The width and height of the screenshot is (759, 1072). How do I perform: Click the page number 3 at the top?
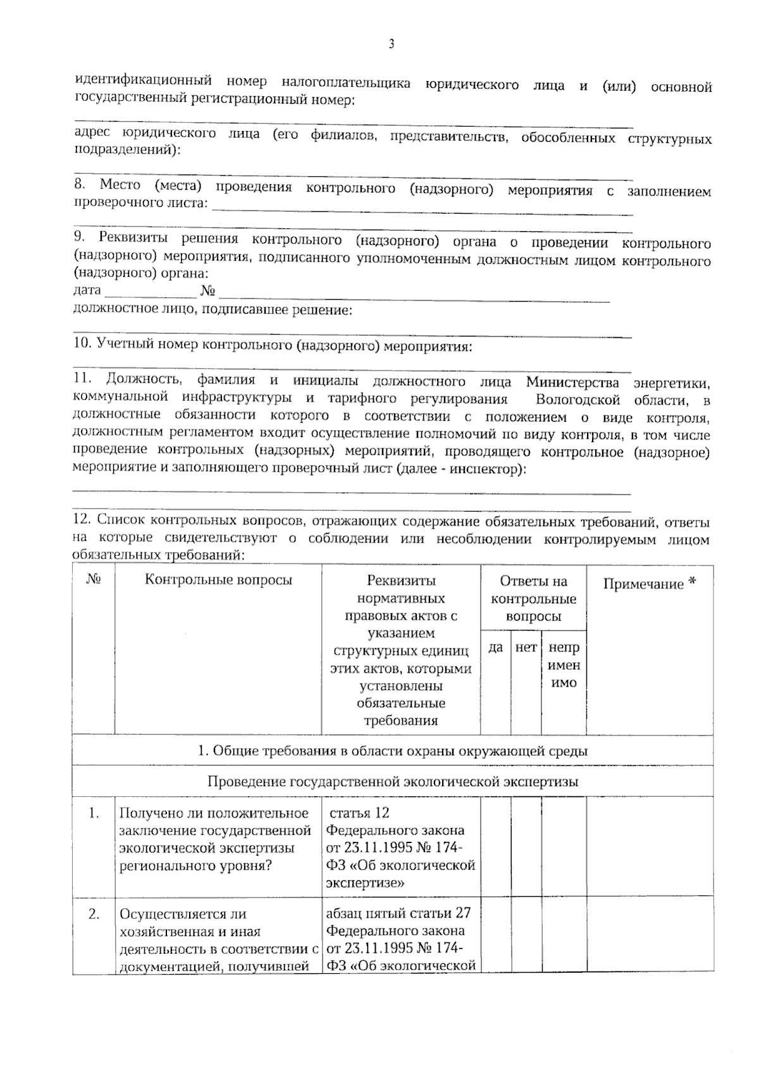click(392, 44)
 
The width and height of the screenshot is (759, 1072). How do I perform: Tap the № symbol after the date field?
click(207, 291)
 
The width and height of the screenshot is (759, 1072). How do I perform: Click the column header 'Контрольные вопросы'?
click(218, 580)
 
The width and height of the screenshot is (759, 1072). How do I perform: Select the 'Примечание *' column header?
click(650, 584)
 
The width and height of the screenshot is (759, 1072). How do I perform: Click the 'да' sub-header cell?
click(496, 648)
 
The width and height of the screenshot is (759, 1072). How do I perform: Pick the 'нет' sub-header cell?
click(526, 648)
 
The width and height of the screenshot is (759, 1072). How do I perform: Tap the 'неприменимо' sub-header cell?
click(564, 665)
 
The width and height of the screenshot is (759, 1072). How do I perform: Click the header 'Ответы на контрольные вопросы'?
click(533, 598)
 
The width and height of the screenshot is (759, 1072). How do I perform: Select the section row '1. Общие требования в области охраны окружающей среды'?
click(392, 751)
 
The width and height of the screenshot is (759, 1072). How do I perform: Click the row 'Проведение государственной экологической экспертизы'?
click(392, 782)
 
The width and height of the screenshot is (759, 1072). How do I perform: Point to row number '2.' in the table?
click(94, 914)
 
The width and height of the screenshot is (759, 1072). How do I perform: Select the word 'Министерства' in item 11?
click(572, 382)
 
